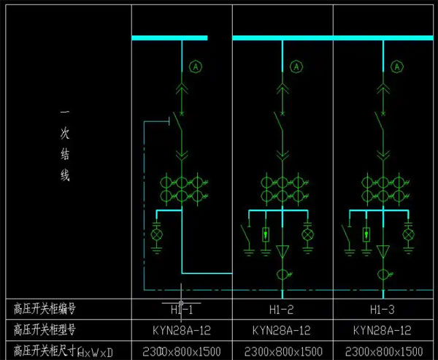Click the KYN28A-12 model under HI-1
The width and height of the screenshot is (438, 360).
click(181, 330)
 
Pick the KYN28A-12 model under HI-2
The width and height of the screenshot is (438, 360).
click(282, 330)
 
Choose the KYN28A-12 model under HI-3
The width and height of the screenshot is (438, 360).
click(382, 330)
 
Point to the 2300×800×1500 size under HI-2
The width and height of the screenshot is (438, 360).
click(282, 351)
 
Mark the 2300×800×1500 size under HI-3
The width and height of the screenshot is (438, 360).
click(383, 351)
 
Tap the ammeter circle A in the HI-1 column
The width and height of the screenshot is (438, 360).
click(195, 66)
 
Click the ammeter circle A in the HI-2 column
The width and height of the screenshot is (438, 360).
click(296, 66)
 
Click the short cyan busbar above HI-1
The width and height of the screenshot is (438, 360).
click(169, 37)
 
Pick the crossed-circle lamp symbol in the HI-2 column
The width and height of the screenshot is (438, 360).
click(308, 235)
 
